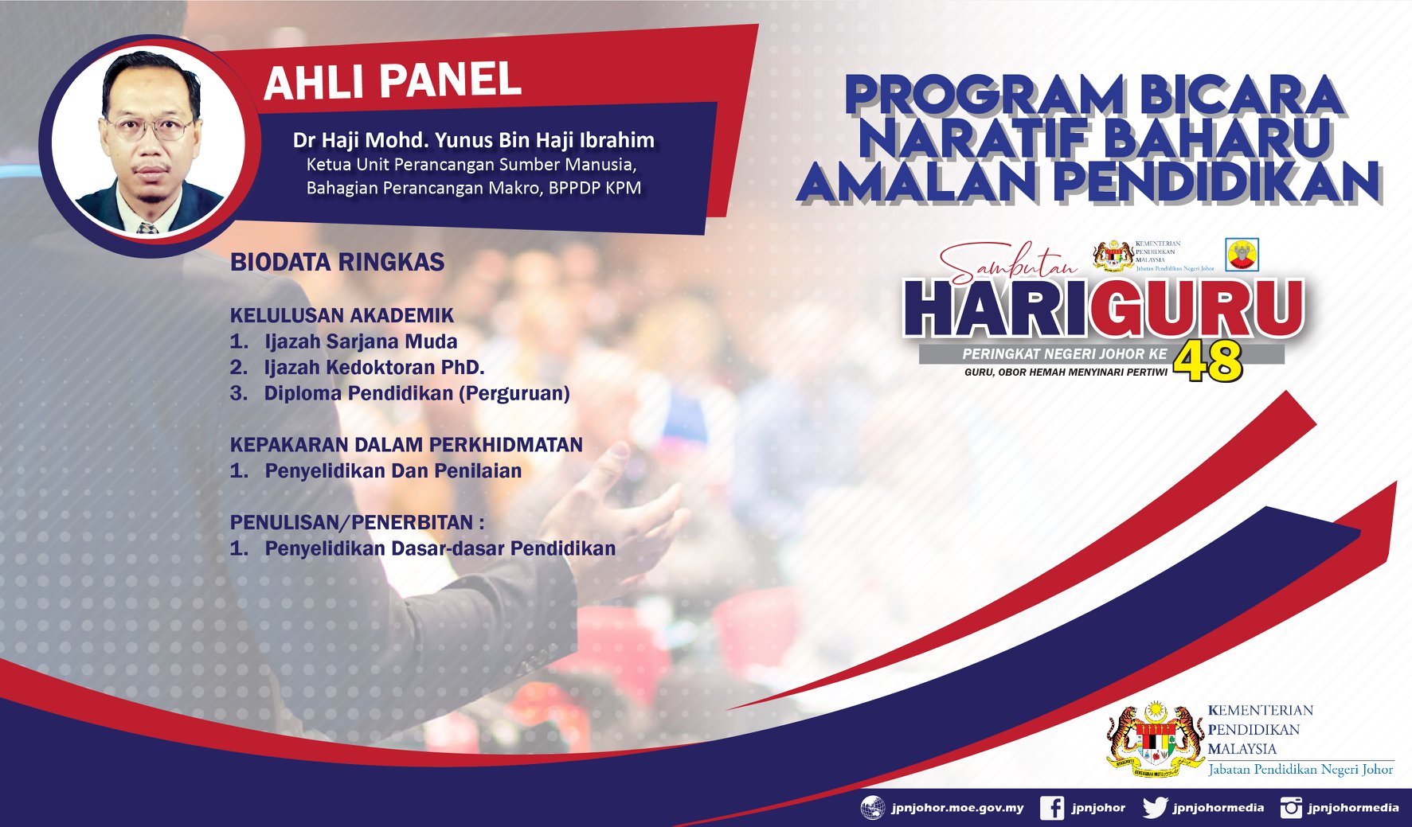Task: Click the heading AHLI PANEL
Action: (392, 82)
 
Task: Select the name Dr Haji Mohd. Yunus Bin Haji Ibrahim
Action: (473, 140)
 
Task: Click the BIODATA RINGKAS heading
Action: (337, 262)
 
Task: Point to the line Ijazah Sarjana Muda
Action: (361, 341)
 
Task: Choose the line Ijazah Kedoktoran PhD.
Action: (374, 367)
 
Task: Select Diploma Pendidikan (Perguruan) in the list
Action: (417, 393)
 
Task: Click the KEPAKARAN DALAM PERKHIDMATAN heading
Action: (406, 444)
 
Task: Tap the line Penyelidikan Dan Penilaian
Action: (393, 470)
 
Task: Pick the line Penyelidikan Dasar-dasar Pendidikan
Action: (440, 548)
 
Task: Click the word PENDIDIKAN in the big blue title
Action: (1218, 181)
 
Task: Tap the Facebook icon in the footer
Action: (1052, 808)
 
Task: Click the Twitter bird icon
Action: (1155, 808)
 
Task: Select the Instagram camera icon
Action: (1291, 808)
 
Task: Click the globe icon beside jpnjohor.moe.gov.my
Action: (873, 808)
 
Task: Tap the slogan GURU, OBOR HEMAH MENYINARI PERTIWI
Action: (1066, 372)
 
